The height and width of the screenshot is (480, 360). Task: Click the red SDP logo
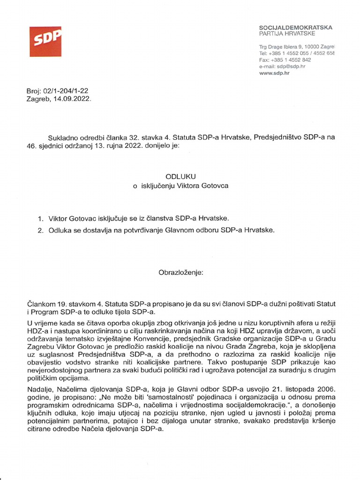[x=45, y=42]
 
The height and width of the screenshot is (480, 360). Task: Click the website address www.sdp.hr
[x=274, y=74]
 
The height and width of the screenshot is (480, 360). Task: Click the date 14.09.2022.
[x=72, y=99]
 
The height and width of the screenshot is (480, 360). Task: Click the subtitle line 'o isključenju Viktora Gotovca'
[x=180, y=186]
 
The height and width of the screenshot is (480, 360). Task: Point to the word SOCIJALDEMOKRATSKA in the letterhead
[x=295, y=28]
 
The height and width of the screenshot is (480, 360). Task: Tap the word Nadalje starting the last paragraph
[x=39, y=389]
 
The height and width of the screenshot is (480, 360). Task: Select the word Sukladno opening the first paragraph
[x=63, y=137]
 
